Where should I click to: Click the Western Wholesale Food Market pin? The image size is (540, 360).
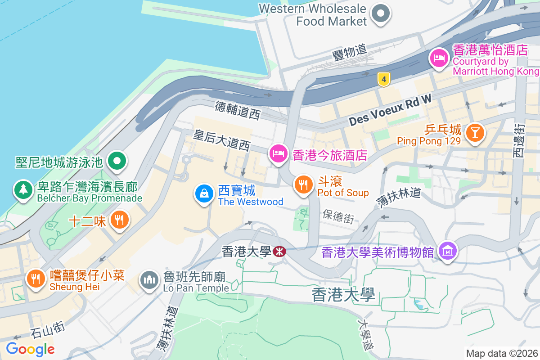pyautogui.click(x=381, y=14)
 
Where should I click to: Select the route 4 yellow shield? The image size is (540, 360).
pyautogui.click(x=383, y=80)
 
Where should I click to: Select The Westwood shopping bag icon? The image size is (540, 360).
pyautogui.click(x=204, y=194)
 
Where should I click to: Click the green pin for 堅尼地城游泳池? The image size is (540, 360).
pyautogui.click(x=117, y=161)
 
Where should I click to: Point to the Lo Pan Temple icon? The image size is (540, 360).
pyautogui.click(x=149, y=280)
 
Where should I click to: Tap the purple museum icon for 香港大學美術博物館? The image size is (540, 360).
pyautogui.click(x=447, y=251)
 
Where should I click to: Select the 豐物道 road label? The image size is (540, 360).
pyautogui.click(x=350, y=54)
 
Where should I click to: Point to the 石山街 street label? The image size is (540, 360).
pyautogui.click(x=48, y=331)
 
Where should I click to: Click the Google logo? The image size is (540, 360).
pyautogui.click(x=30, y=349)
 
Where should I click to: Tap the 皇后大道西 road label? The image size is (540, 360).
pyautogui.click(x=221, y=139)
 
